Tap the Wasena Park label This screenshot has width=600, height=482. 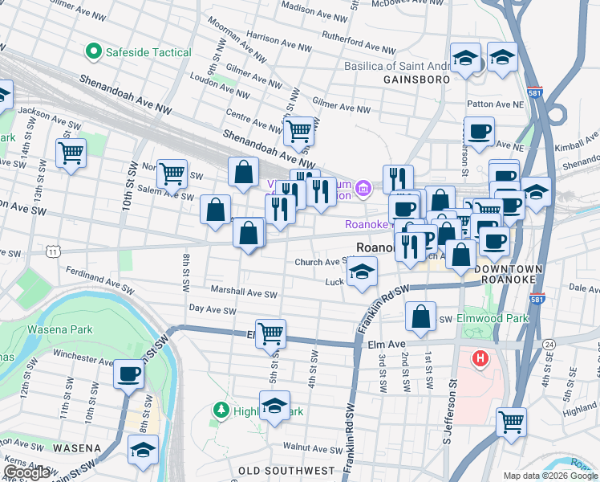pos(60,329)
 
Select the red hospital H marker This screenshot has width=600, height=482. pos(480,357)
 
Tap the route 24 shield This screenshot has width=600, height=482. pos(549,344)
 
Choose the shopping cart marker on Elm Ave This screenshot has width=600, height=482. pos(270,333)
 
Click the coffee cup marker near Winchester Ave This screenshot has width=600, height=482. pos(128,374)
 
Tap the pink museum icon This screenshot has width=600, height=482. pos(363,190)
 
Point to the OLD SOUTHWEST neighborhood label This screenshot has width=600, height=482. pos(286,470)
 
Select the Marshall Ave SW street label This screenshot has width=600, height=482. pos(243,294)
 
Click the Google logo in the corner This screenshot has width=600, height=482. pos(26,472)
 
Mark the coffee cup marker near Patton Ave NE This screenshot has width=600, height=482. pos(479,131)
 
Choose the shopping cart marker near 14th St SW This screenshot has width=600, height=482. pos(71,153)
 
